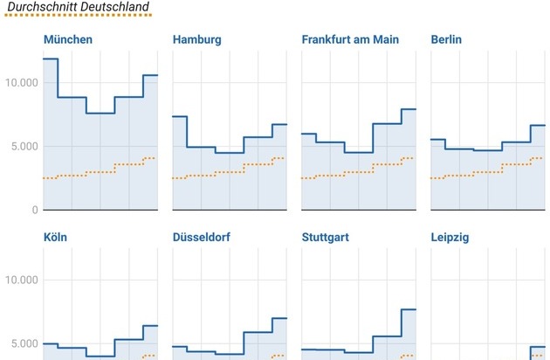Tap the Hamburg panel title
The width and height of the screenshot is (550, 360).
point(197,40)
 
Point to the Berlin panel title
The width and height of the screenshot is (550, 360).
point(447,40)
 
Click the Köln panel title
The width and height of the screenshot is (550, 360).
point(56,237)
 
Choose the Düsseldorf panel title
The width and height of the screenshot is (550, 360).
point(206,237)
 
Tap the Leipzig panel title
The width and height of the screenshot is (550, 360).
point(451,237)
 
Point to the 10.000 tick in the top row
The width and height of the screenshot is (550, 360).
point(21,83)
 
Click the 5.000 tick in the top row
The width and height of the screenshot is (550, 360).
point(24,146)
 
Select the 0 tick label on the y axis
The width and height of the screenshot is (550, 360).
point(35,210)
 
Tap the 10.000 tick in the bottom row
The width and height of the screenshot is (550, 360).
point(21,280)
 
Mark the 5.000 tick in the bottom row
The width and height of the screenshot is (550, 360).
point(24,343)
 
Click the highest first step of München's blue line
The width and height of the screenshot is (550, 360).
point(51,59)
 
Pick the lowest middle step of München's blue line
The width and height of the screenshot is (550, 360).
point(100,113)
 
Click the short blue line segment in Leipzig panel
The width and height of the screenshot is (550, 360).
point(538,347)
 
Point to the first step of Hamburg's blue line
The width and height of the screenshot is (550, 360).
point(180,116)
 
